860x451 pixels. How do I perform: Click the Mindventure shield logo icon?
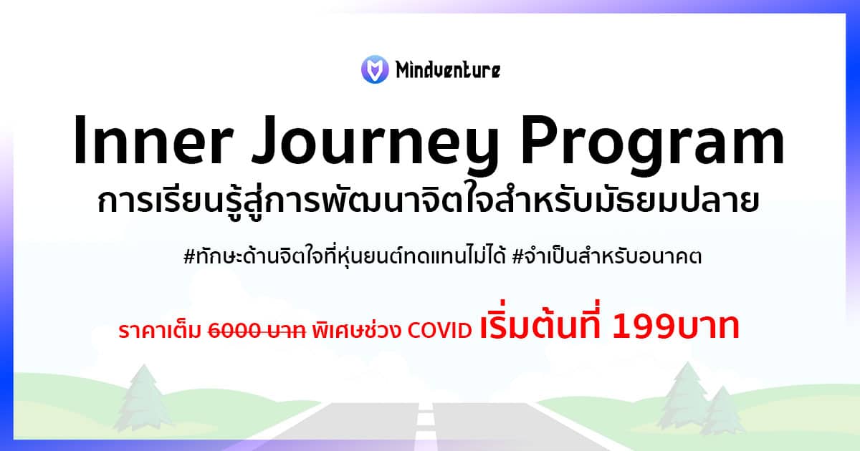pyautogui.click(x=375, y=69)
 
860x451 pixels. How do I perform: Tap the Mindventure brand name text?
pyautogui.click(x=448, y=70)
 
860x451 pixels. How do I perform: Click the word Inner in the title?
pyautogui.click(x=153, y=140)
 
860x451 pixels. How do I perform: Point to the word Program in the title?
pyautogui.click(x=652, y=146)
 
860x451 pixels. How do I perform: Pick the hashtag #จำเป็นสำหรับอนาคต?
pyautogui.click(x=606, y=256)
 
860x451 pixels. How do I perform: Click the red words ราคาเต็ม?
pyautogui.click(x=160, y=331)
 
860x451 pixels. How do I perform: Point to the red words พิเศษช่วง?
pyautogui.click(x=356, y=329)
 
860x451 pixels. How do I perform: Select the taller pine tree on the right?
pyautogui.click(x=687, y=395)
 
